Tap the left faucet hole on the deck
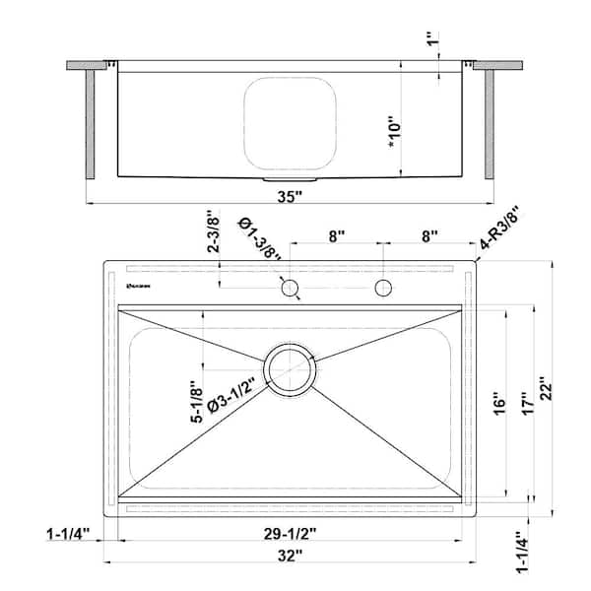click(290, 288)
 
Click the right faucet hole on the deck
click(383, 288)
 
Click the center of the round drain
click(290, 369)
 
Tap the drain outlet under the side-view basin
click(290, 181)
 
